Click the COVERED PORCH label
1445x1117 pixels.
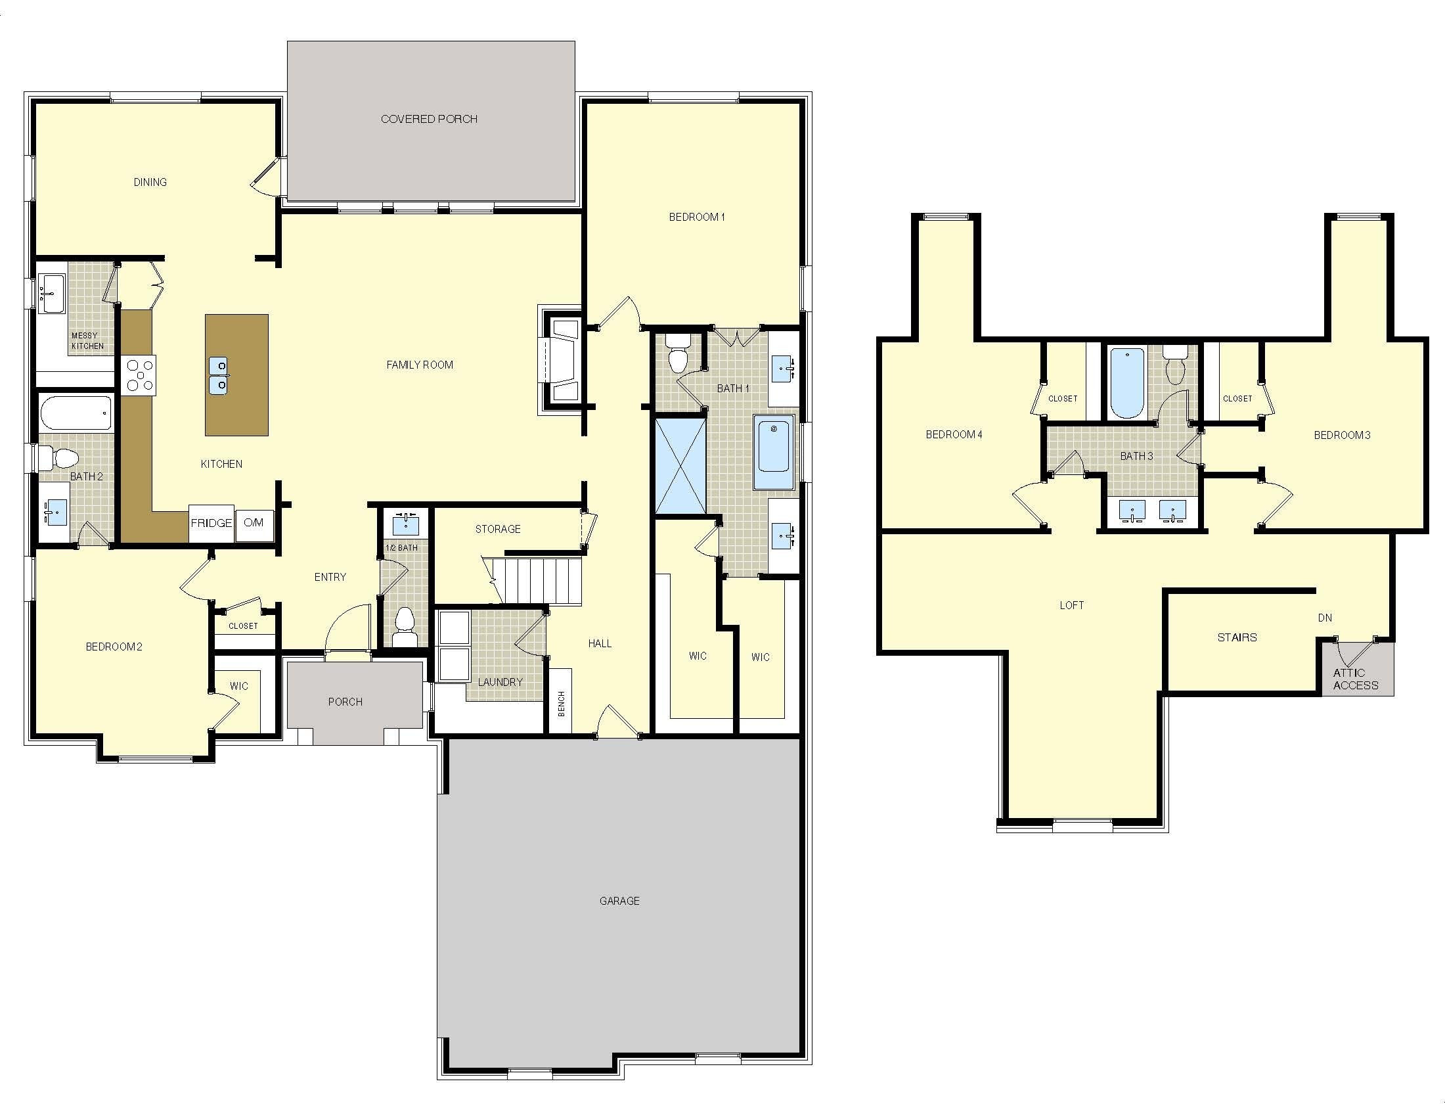(x=429, y=119)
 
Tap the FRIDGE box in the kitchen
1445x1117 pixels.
(x=211, y=524)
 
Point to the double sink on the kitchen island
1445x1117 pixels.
(x=218, y=375)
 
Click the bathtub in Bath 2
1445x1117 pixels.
(x=76, y=413)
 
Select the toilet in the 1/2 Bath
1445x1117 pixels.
(x=403, y=626)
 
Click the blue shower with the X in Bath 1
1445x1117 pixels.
(x=680, y=467)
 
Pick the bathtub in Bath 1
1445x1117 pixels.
(x=774, y=453)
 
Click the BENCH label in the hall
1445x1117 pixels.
(x=561, y=704)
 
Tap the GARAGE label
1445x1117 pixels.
(x=619, y=901)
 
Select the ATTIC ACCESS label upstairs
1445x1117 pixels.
(x=1356, y=679)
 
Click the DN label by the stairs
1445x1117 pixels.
(x=1325, y=618)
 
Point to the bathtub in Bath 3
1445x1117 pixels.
(x=1126, y=383)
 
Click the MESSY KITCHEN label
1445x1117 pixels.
(x=87, y=341)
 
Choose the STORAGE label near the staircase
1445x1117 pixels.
(x=498, y=530)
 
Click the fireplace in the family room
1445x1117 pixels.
(x=561, y=361)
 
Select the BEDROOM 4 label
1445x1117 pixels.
(x=954, y=435)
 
